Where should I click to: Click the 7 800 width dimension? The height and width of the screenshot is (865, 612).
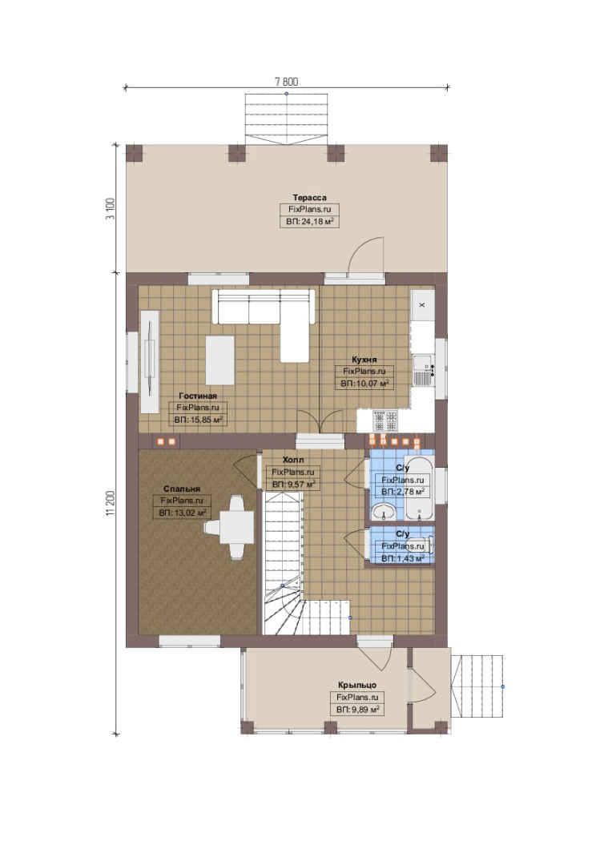(x=287, y=82)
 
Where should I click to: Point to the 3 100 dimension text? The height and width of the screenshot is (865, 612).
(x=110, y=208)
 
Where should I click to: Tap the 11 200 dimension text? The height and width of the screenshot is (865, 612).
(x=110, y=503)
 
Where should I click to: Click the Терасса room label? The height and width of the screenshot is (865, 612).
(x=309, y=198)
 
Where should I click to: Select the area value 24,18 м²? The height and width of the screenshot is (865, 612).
(x=309, y=222)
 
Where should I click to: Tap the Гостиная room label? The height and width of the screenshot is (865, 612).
(x=198, y=396)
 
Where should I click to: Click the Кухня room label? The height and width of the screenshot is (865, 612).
(x=364, y=359)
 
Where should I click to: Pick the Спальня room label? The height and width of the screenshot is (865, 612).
(x=182, y=489)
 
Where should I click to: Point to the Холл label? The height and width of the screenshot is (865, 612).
(x=293, y=460)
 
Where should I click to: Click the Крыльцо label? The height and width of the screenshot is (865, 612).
(x=357, y=685)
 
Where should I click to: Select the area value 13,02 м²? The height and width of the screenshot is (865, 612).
(x=182, y=513)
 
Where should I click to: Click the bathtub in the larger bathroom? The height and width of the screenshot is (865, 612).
(x=419, y=488)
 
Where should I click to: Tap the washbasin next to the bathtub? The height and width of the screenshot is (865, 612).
(x=383, y=511)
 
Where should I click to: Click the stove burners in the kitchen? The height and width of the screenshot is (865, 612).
(x=386, y=421)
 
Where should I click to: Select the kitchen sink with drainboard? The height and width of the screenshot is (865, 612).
(x=422, y=371)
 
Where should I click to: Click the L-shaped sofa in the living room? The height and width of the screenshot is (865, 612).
(x=264, y=320)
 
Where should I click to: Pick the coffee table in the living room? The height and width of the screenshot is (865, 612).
(x=220, y=360)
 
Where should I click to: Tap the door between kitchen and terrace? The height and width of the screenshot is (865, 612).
(x=364, y=255)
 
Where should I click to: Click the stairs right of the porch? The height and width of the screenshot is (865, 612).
(x=477, y=686)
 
